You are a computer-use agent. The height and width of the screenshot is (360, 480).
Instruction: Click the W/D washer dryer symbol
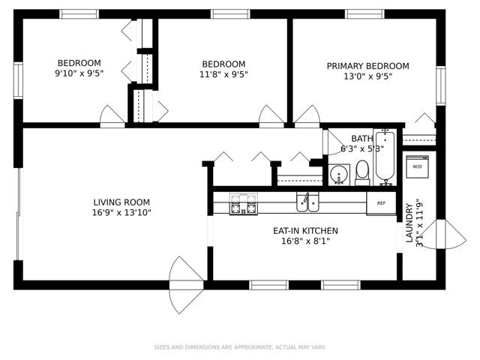point(417,166)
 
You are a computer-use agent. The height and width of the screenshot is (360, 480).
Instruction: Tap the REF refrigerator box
point(381,203)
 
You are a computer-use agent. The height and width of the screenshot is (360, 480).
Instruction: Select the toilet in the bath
point(362,173)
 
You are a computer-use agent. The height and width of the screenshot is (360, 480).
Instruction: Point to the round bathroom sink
point(339,175)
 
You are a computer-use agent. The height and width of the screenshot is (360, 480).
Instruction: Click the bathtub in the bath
point(385,157)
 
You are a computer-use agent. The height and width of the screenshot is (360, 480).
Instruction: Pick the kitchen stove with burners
point(243,203)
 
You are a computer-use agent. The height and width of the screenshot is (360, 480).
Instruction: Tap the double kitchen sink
point(307,202)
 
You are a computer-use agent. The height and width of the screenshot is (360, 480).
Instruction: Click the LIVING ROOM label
point(121,202)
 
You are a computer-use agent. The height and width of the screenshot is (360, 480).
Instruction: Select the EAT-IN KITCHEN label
point(305,230)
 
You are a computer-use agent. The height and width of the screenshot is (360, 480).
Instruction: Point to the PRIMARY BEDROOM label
point(367,66)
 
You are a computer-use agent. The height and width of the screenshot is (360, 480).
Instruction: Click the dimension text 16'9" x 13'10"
point(121,212)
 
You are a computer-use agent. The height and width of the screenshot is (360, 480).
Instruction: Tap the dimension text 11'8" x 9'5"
point(223,74)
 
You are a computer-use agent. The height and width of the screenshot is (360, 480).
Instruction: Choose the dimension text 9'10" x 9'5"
point(79,73)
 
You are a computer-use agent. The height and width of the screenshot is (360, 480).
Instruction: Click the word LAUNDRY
point(409,223)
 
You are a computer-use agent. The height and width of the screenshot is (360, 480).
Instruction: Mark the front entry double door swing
point(186,285)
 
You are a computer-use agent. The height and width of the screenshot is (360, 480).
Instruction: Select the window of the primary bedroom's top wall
point(364,14)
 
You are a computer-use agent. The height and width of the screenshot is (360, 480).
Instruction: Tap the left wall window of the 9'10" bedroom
point(18,80)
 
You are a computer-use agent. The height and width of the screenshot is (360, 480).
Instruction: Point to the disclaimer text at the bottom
point(240,347)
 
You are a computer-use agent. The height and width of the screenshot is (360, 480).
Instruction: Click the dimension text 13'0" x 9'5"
point(367,76)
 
